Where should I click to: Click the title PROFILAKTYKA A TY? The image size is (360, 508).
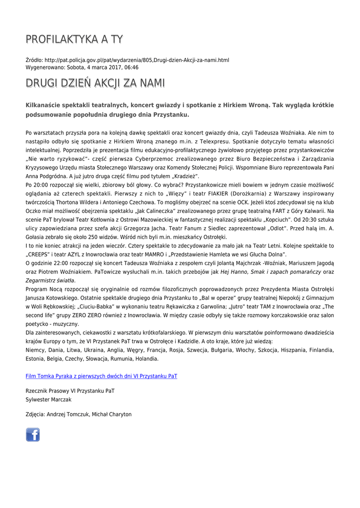tap(74, 39)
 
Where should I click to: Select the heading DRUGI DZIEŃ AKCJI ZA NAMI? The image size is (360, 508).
tap(95, 83)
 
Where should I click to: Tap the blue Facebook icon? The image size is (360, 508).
tap(33, 435)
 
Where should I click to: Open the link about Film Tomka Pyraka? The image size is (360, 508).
tap(101, 376)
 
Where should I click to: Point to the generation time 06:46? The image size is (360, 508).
tap(131, 67)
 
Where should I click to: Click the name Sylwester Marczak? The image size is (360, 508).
tap(49, 399)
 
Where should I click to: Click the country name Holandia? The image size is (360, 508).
tap(146, 359)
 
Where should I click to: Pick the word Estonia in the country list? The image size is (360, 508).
tap(35, 359)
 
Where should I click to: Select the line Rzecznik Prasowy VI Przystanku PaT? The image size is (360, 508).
tap(70, 391)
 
